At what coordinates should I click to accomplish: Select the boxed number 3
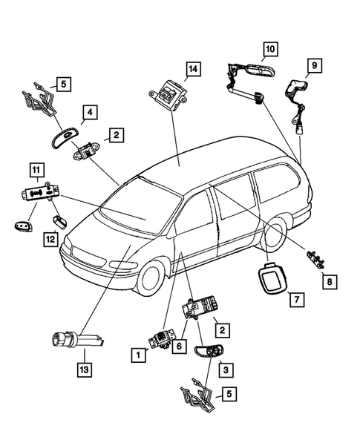point(224,367)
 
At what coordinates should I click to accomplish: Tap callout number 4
point(89,113)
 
